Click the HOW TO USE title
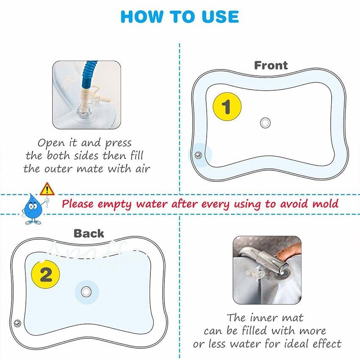click(x=180, y=17)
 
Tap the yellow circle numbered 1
click(x=227, y=107)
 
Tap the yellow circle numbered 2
click(x=45, y=274)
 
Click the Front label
click(x=271, y=65)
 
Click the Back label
click(x=89, y=233)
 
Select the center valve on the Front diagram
click(x=265, y=122)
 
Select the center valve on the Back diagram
click(x=86, y=292)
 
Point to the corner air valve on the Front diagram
click(x=198, y=155)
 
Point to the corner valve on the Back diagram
click(x=17, y=323)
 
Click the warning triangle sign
click(x=47, y=190)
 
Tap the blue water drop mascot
click(x=32, y=208)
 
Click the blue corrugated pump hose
click(x=89, y=73)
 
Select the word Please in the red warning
click(x=78, y=204)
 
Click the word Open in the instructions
click(x=51, y=143)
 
